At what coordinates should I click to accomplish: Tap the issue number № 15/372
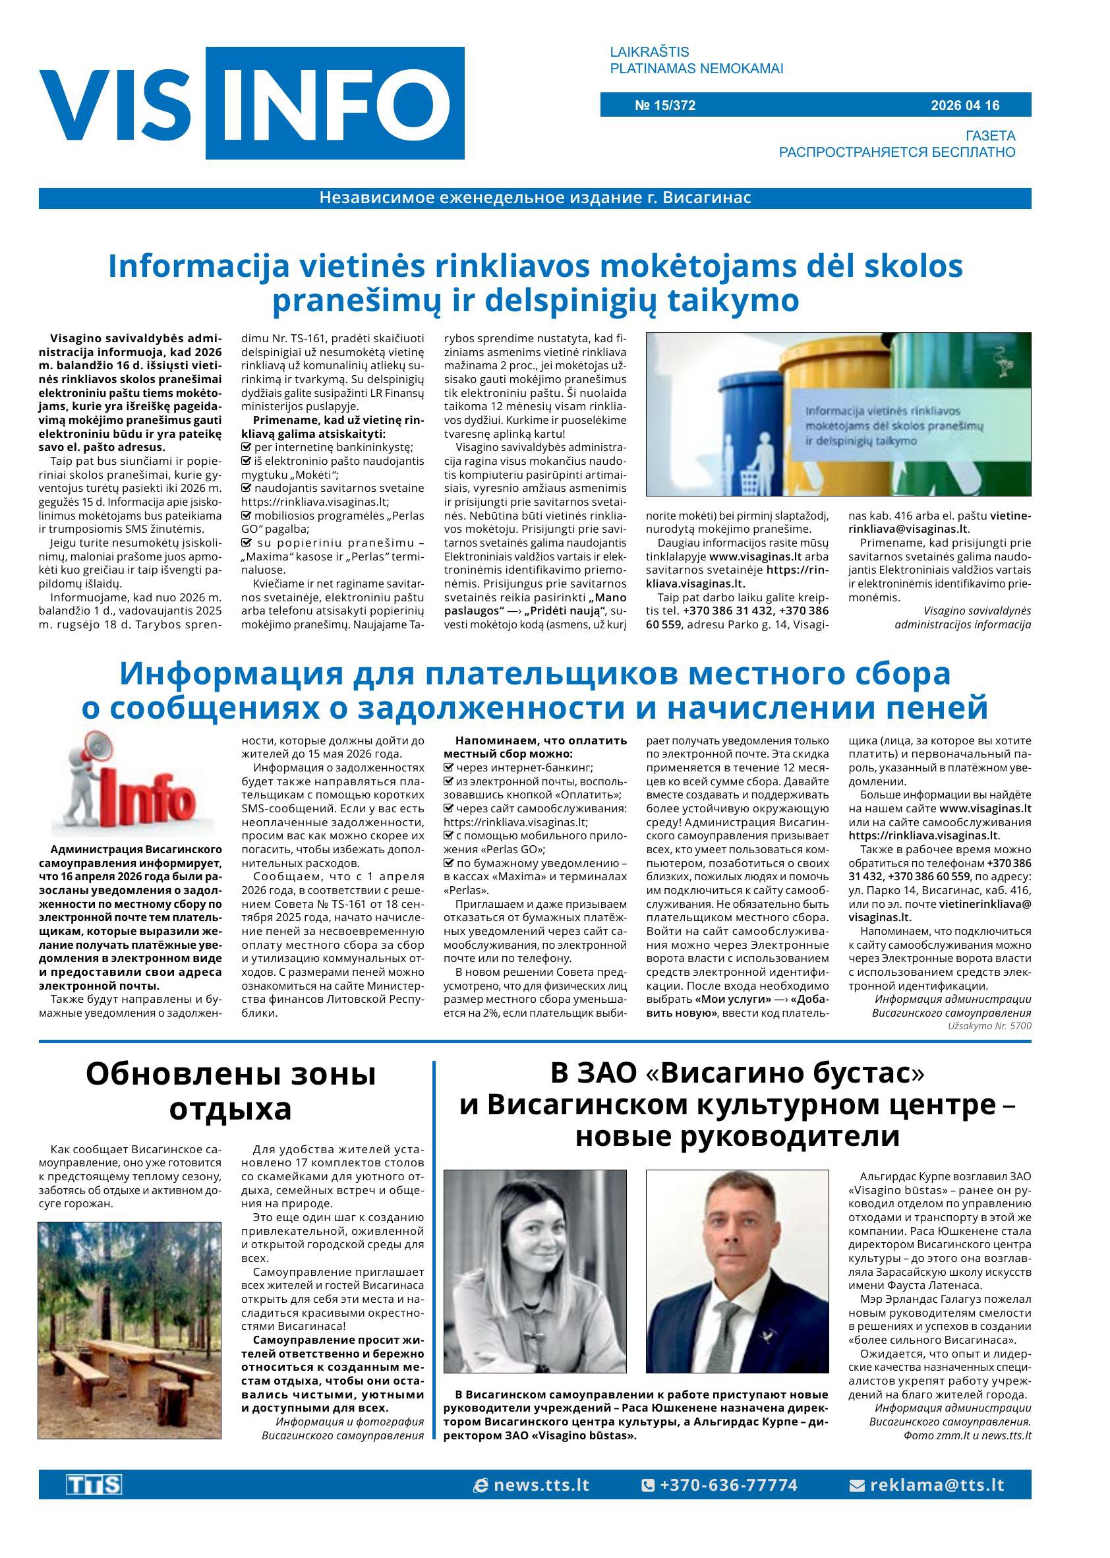coord(664,105)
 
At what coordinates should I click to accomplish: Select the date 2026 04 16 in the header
coord(964,105)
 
